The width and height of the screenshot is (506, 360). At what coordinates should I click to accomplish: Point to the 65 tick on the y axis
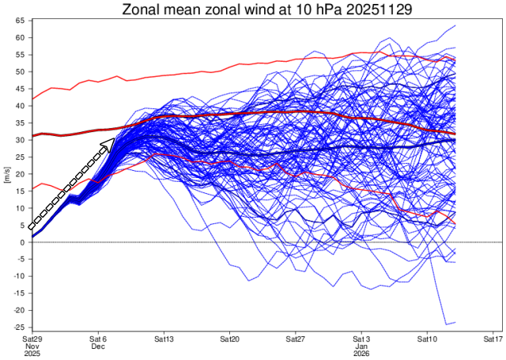click(x=21, y=21)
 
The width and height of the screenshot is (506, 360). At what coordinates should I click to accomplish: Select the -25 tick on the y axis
click(x=19, y=327)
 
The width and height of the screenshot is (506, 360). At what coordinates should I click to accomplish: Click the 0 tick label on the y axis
click(x=23, y=242)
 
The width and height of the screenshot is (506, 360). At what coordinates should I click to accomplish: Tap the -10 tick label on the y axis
click(x=19, y=276)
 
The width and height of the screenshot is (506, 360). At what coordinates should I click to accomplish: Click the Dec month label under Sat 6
click(x=98, y=346)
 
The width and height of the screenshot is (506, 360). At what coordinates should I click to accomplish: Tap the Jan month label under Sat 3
click(x=361, y=346)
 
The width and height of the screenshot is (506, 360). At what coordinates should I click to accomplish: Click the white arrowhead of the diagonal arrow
click(x=108, y=144)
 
